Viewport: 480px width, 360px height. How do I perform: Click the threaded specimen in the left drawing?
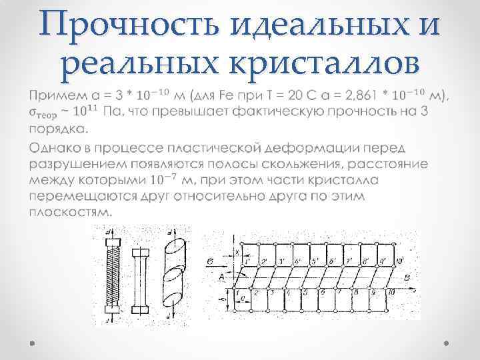(x=111, y=273)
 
